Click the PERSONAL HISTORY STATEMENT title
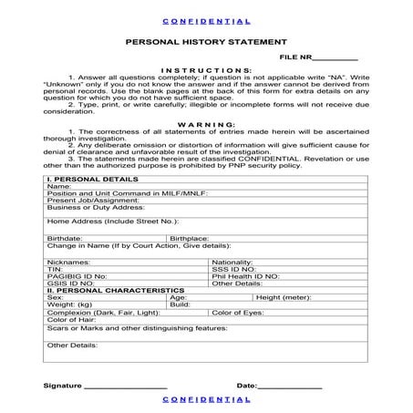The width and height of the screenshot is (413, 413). [205, 42]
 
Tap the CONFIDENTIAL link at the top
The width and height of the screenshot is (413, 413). [205, 19]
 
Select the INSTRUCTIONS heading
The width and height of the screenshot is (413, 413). [205, 70]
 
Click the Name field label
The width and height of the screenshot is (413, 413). [58, 187]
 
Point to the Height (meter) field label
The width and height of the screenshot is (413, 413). [284, 297]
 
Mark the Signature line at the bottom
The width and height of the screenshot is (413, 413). [125, 386]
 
